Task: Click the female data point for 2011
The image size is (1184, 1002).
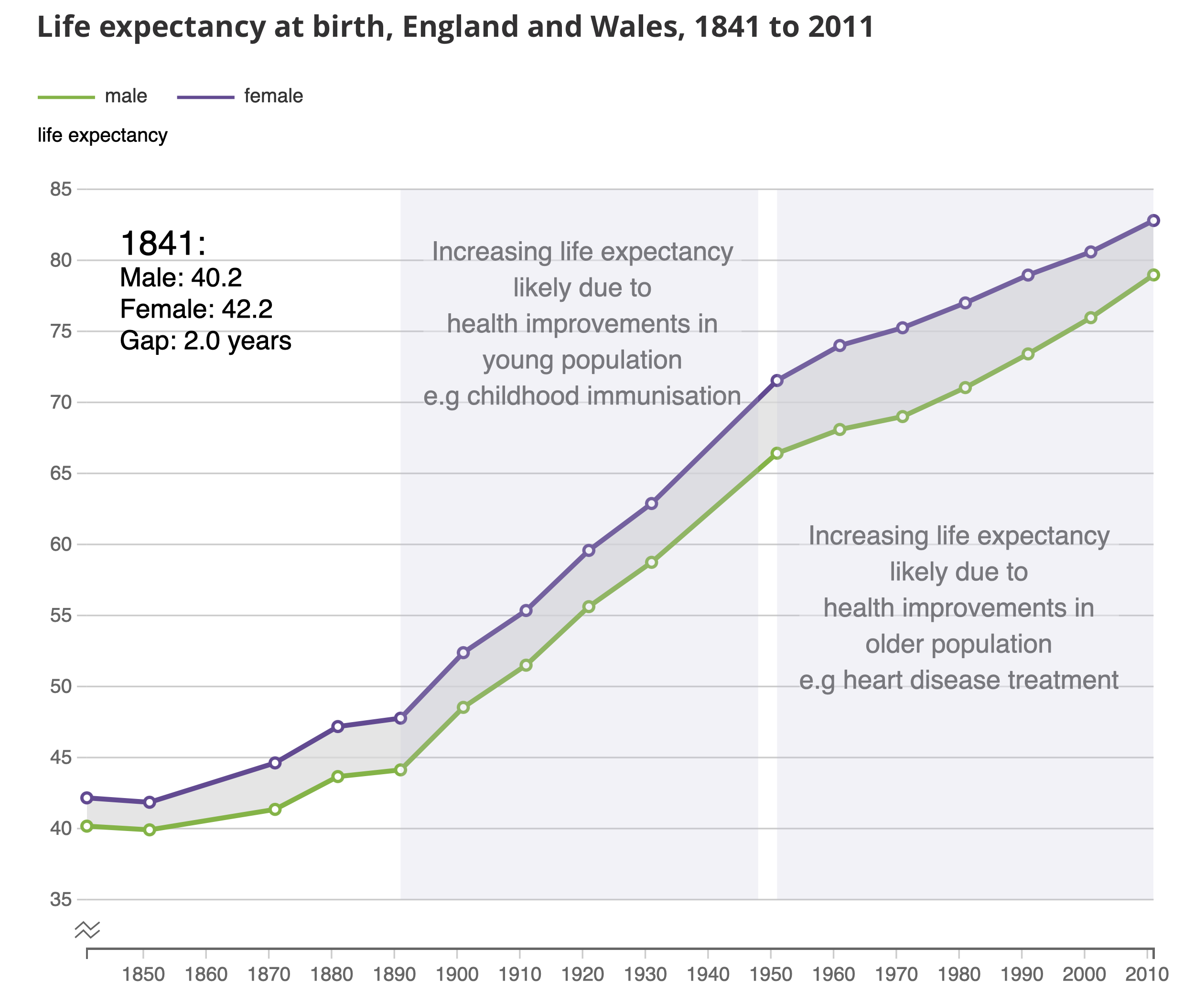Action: pos(1153,220)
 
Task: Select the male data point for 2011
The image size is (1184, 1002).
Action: pos(1153,275)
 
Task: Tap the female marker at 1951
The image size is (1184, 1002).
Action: pos(776,380)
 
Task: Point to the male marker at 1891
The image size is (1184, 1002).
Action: pos(400,770)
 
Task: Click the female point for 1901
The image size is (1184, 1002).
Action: pos(463,653)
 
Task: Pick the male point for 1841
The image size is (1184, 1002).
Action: pos(87,826)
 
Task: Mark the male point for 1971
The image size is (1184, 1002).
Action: pos(902,417)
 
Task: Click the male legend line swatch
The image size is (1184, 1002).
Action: pos(66,97)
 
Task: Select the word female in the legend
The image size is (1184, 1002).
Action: pos(273,96)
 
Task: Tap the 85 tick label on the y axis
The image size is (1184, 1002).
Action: pos(61,189)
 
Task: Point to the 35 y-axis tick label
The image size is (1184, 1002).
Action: pos(61,900)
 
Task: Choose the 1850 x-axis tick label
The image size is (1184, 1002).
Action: pos(144,975)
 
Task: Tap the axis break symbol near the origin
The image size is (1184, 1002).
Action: pos(87,930)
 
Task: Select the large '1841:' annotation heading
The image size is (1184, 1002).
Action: pos(163,243)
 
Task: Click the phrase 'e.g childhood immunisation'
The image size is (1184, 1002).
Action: pos(582,396)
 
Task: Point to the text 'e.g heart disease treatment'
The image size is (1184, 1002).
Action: pos(958,680)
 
